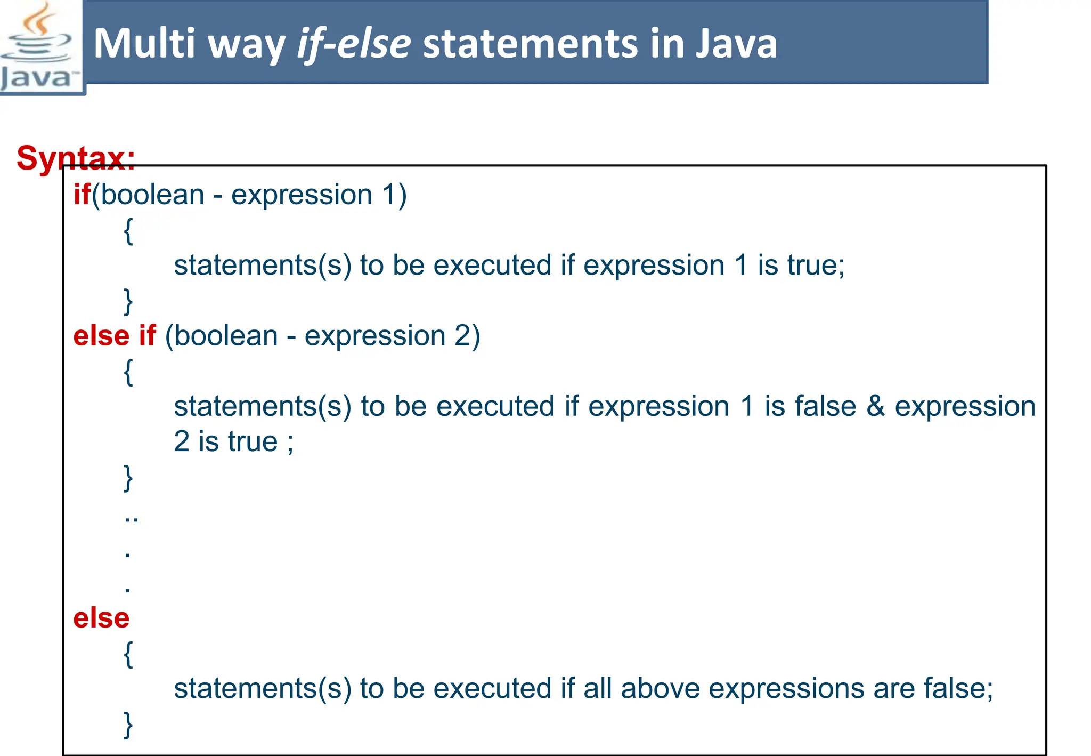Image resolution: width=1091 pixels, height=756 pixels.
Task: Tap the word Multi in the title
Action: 144,44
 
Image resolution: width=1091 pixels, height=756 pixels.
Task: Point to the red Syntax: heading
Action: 76,158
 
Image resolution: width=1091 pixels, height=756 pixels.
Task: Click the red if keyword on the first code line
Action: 82,194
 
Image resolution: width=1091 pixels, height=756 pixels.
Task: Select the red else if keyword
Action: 115,336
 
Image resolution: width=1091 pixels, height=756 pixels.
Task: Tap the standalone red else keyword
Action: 101,618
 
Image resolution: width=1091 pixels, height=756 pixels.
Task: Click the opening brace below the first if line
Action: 128,230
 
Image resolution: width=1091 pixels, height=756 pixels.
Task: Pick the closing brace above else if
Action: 128,301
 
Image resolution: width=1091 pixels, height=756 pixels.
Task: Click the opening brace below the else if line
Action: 128,372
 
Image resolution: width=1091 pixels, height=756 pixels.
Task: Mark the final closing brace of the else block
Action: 128,725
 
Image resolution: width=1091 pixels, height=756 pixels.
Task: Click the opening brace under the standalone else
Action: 128,654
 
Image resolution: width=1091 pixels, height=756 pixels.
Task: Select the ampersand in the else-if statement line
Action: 875,406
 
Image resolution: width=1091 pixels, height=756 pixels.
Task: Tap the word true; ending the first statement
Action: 816,265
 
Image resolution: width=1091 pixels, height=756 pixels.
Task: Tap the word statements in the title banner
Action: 531,44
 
